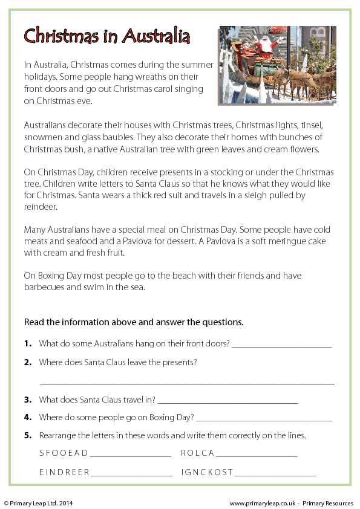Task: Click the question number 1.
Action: pos(28,344)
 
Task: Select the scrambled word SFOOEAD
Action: pos(64,453)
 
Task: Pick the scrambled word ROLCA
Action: pos(197,453)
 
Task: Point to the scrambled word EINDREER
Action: pos(65,472)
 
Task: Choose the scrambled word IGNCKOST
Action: pos(207,472)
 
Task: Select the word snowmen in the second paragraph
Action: pos(41,138)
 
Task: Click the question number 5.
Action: pos(28,435)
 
